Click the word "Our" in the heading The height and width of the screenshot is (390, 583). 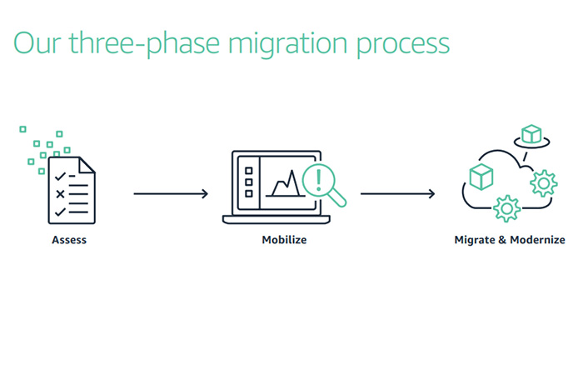[37, 42]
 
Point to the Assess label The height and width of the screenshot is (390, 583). [69, 240]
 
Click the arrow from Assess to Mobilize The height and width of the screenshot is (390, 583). [170, 194]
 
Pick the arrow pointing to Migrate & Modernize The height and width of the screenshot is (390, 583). [397, 194]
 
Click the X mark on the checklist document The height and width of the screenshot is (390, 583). [60, 194]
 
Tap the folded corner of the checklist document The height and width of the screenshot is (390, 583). [88, 164]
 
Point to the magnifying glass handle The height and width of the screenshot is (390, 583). [337, 198]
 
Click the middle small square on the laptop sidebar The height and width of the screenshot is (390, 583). [247, 181]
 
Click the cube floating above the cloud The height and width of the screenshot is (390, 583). [531, 134]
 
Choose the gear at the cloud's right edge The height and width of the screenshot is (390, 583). [544, 181]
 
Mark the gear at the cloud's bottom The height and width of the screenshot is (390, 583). [506, 207]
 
